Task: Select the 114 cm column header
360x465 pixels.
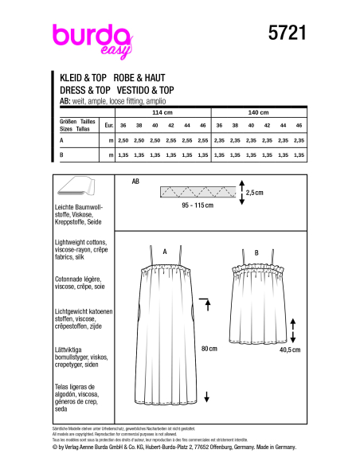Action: click(x=163, y=114)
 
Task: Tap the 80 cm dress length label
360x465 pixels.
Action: click(x=210, y=348)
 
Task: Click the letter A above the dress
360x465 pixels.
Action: click(x=165, y=251)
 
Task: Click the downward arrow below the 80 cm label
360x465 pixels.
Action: click(x=206, y=396)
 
